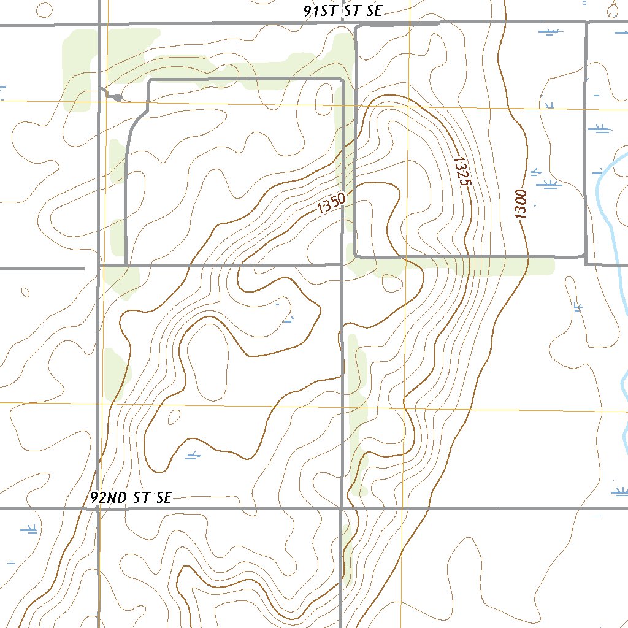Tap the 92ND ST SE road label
(x=131, y=497)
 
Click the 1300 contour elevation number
(x=521, y=204)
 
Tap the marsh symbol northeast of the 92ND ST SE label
(x=193, y=454)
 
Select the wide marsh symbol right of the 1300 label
(x=548, y=183)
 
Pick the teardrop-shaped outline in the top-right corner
(x=612, y=8)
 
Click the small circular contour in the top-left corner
(x=44, y=9)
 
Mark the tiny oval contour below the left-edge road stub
(x=25, y=293)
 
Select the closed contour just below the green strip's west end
(x=390, y=283)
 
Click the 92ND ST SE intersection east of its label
(x=341, y=508)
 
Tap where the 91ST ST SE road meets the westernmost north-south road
(x=99, y=25)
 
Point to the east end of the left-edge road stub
(x=84, y=269)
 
